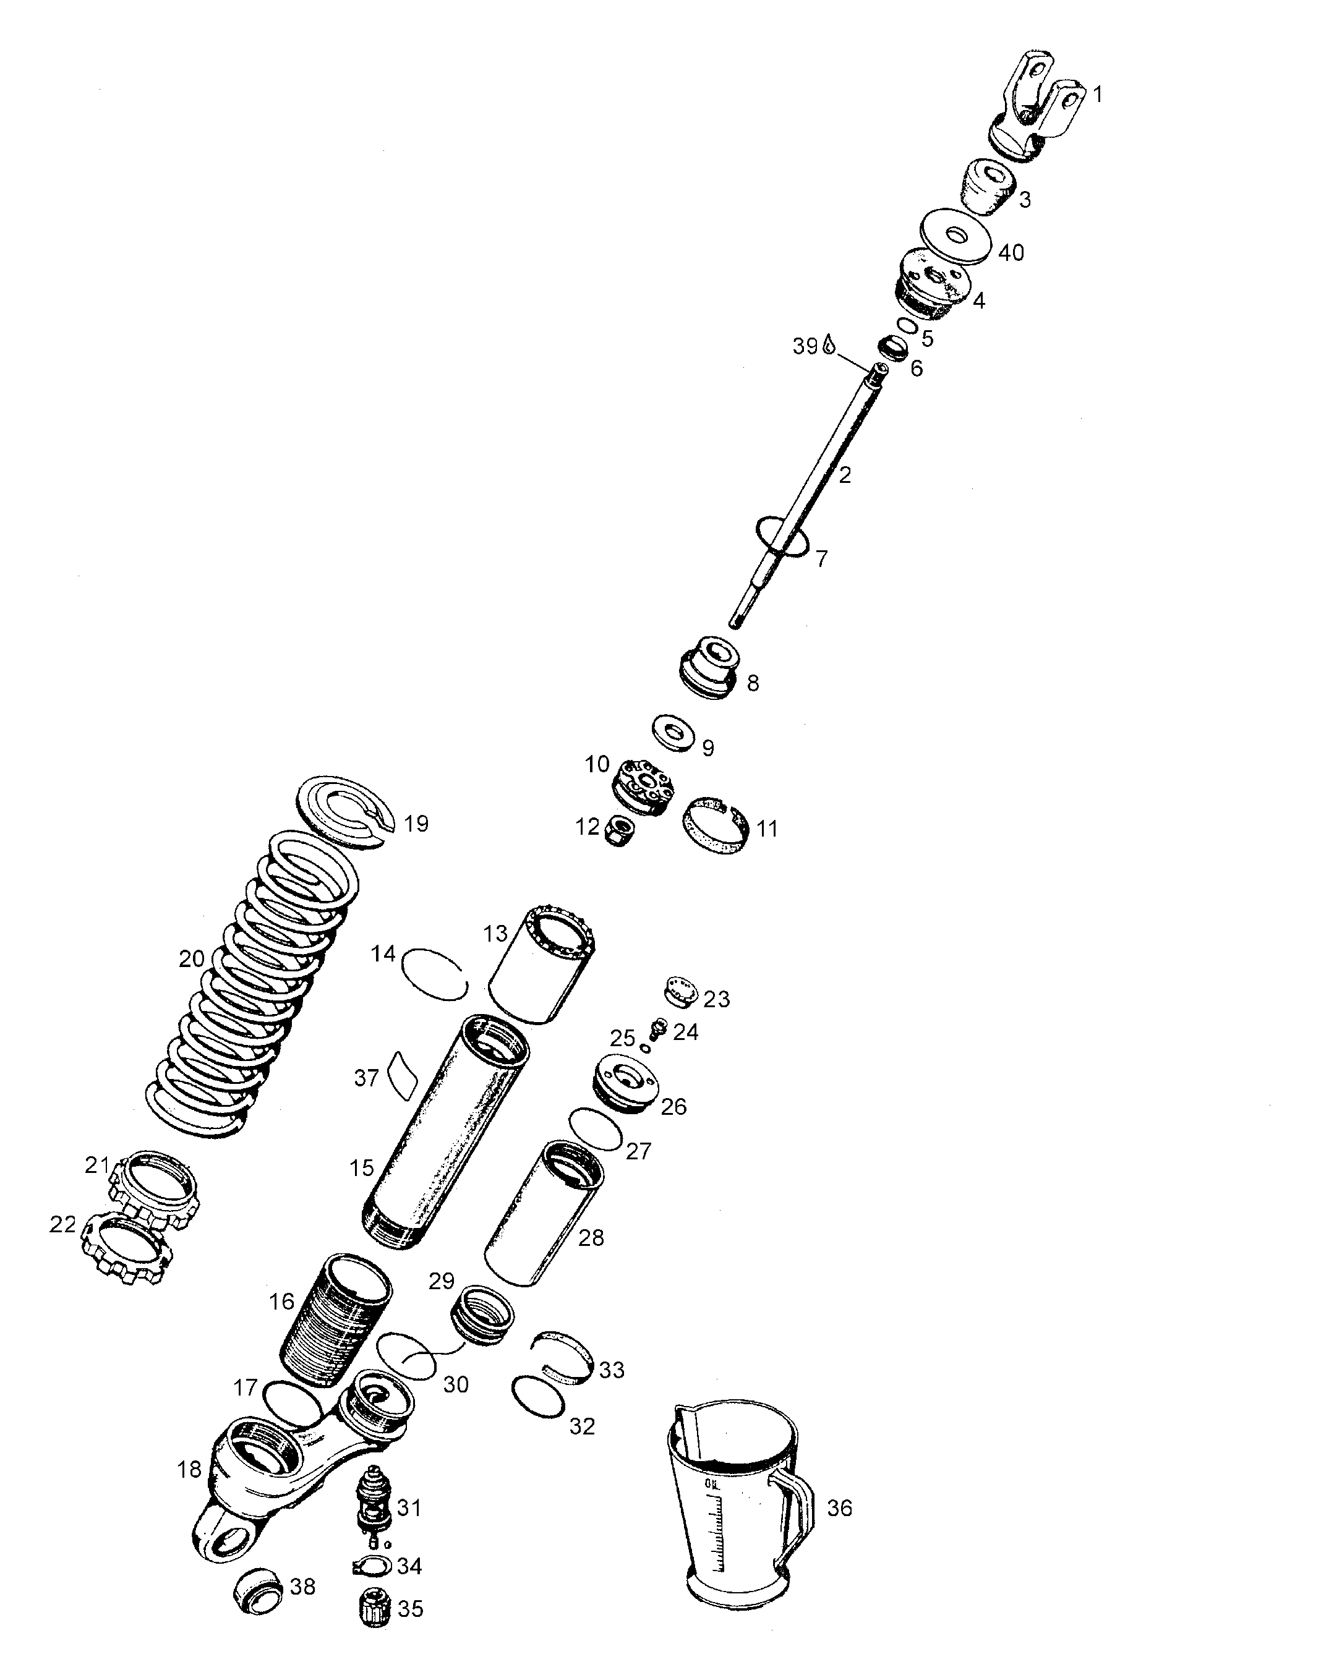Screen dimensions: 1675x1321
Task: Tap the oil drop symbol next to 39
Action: tap(829, 344)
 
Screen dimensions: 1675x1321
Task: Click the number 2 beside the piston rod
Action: tap(845, 475)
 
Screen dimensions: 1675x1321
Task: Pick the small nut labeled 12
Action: tap(618, 831)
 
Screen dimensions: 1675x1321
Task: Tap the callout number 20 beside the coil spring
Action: tap(191, 959)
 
